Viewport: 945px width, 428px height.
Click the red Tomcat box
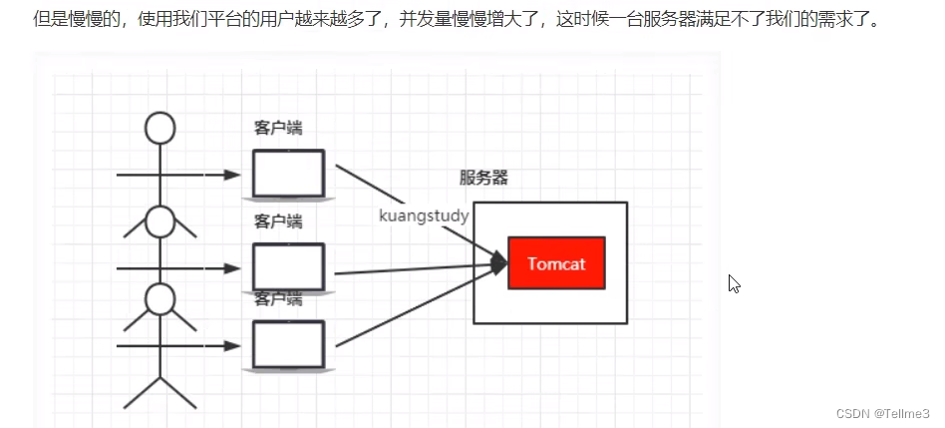tap(556, 263)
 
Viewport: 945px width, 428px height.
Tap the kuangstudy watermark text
tap(424, 215)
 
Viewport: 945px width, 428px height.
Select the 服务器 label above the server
tap(483, 178)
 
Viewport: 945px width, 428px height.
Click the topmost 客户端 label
tap(278, 128)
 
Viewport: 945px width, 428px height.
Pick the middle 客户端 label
tap(278, 221)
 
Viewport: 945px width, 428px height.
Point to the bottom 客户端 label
tap(278, 299)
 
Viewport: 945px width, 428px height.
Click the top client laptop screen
tap(288, 173)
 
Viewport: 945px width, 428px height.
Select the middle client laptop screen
tap(288, 266)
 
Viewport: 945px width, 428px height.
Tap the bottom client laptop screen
tap(288, 344)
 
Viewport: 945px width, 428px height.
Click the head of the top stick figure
tap(159, 128)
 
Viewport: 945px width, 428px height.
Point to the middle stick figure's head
tap(159, 221)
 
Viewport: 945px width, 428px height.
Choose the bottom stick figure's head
tap(159, 297)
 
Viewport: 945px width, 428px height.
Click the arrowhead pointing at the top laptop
tap(233, 175)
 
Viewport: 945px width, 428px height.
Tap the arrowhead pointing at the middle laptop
tap(233, 268)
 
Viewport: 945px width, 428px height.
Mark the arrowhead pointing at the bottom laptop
tap(233, 346)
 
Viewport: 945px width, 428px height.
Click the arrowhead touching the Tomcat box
tap(499, 264)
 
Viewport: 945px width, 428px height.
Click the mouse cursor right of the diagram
tap(734, 283)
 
